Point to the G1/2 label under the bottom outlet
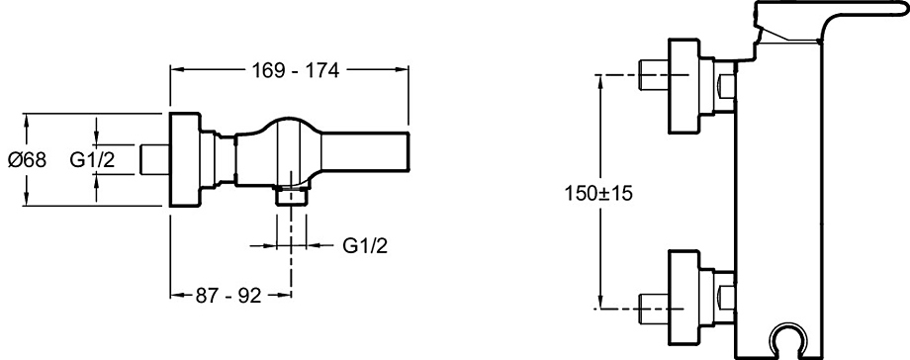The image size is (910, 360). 364,245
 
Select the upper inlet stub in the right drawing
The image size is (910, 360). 654,76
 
